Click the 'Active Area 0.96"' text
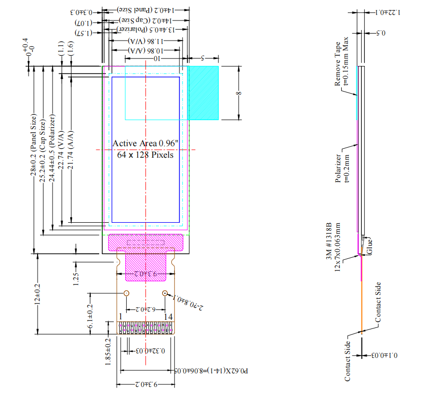145,144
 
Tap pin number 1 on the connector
121,316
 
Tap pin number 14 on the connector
169,316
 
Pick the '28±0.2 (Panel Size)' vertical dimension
34,145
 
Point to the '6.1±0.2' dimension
90,316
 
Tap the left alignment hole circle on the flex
126,293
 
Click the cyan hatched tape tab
203,93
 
